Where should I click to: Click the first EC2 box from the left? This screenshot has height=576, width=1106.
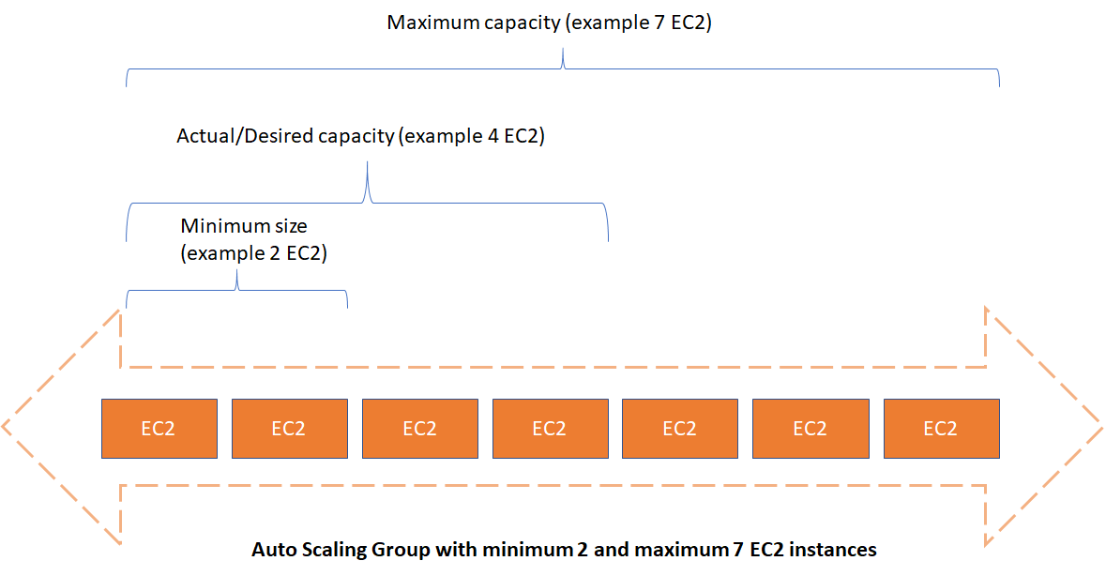click(x=159, y=429)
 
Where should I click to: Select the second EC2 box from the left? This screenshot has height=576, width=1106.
click(x=290, y=429)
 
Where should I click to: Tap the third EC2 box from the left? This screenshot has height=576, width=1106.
click(x=420, y=429)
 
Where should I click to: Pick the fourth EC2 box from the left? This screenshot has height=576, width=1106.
click(x=550, y=429)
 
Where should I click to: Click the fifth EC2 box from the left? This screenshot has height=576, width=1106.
click(x=680, y=429)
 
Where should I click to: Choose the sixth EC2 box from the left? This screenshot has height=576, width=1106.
click(x=811, y=429)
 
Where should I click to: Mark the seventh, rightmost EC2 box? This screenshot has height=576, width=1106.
click(x=942, y=429)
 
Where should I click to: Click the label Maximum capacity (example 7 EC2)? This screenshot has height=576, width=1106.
click(x=550, y=23)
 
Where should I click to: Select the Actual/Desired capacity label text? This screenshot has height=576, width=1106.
click(x=360, y=135)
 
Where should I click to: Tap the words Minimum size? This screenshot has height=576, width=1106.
click(x=244, y=226)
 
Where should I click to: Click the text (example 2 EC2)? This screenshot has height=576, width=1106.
click(x=254, y=253)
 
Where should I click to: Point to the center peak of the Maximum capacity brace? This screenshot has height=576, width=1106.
click(x=563, y=50)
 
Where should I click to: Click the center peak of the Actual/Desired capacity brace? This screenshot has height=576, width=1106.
click(x=368, y=163)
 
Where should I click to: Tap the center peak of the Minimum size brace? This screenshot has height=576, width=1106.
click(x=237, y=271)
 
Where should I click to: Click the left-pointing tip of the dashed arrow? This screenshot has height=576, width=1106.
click(x=3, y=426)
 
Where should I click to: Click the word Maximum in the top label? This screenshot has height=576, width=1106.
click(x=434, y=23)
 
